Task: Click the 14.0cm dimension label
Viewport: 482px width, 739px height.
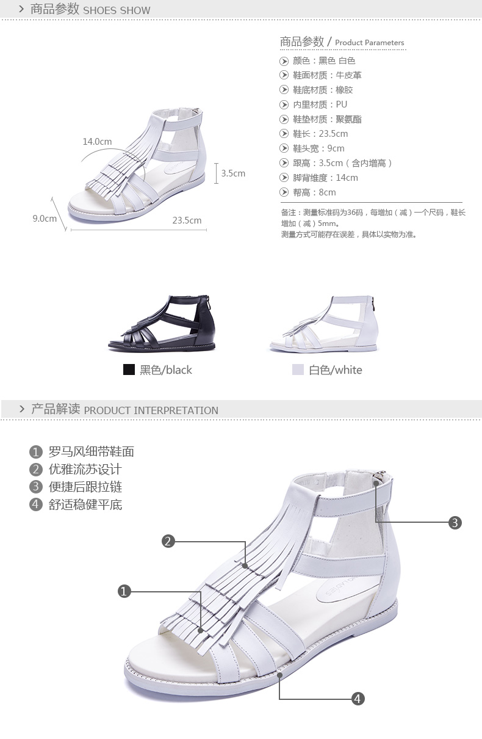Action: coord(97,142)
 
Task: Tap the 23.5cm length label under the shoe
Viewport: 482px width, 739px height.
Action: coord(187,220)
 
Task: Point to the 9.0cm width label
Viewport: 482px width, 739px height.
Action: coord(45,218)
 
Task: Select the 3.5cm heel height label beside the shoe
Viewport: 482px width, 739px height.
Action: coord(232,173)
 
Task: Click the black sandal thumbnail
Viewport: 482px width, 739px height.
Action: coord(162,323)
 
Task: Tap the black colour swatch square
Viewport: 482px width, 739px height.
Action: coord(129,369)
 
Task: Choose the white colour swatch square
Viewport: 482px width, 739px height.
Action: coord(298,369)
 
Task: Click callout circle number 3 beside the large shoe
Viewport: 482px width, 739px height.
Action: coord(455,522)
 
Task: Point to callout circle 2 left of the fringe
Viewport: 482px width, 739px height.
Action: coord(168,541)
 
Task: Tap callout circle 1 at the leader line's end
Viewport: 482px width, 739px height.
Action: coord(124,591)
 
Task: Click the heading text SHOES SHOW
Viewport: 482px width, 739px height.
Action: coord(117,10)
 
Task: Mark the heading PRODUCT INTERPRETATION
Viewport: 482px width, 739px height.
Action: coord(151,410)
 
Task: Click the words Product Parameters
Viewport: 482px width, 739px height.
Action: coord(370,43)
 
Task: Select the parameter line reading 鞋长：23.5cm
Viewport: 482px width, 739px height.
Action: coord(320,134)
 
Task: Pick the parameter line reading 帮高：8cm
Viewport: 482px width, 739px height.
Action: coord(314,192)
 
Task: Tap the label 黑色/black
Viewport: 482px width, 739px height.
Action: coord(165,370)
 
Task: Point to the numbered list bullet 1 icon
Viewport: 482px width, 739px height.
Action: coord(36,453)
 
